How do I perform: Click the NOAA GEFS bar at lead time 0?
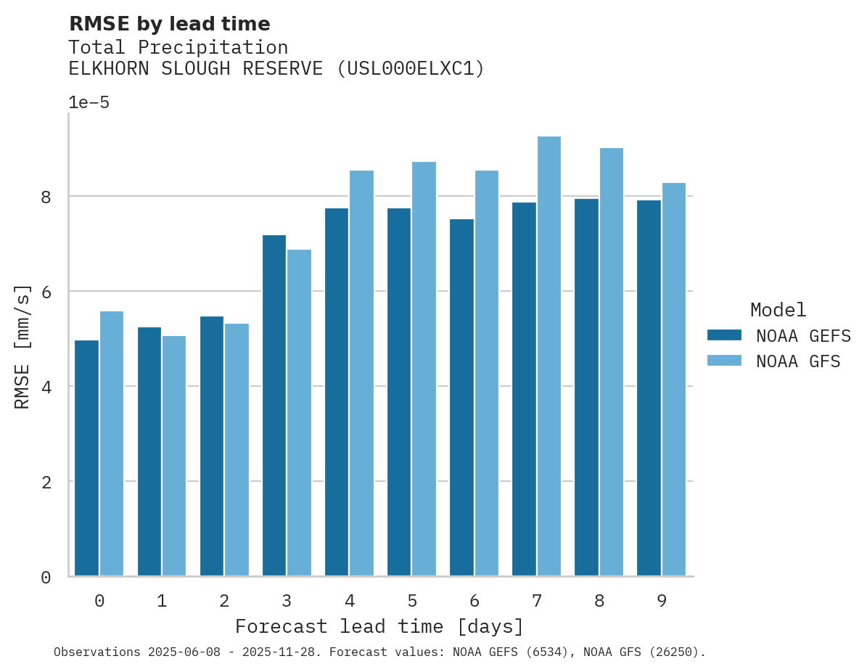pyautogui.click(x=87, y=458)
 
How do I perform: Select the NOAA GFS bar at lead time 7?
pyautogui.click(x=548, y=356)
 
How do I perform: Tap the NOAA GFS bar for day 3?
pyautogui.click(x=299, y=413)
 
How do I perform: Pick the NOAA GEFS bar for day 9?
pyautogui.click(x=649, y=388)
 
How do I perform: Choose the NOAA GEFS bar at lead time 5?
pyautogui.click(x=399, y=392)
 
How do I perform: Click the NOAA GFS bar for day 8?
pyautogui.click(x=611, y=362)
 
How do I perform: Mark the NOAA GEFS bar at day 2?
pyautogui.click(x=212, y=446)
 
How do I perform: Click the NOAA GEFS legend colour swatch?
pyautogui.click(x=724, y=335)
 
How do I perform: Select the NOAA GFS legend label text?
pyautogui.click(x=798, y=361)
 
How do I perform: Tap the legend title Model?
pyautogui.click(x=778, y=310)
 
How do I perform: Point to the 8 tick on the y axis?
pyautogui.click(x=45, y=197)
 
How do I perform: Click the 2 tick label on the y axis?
pyautogui.click(x=45, y=482)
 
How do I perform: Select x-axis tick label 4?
pyautogui.click(x=350, y=601)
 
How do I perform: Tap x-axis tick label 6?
pyautogui.click(x=474, y=601)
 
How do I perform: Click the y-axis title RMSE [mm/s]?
pyautogui.click(x=23, y=347)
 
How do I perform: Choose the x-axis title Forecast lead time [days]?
pyautogui.click(x=379, y=626)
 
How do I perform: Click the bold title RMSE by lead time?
pyautogui.click(x=169, y=24)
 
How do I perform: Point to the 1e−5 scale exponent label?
pyautogui.click(x=89, y=102)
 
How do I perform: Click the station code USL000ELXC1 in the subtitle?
pyautogui.click(x=411, y=69)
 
